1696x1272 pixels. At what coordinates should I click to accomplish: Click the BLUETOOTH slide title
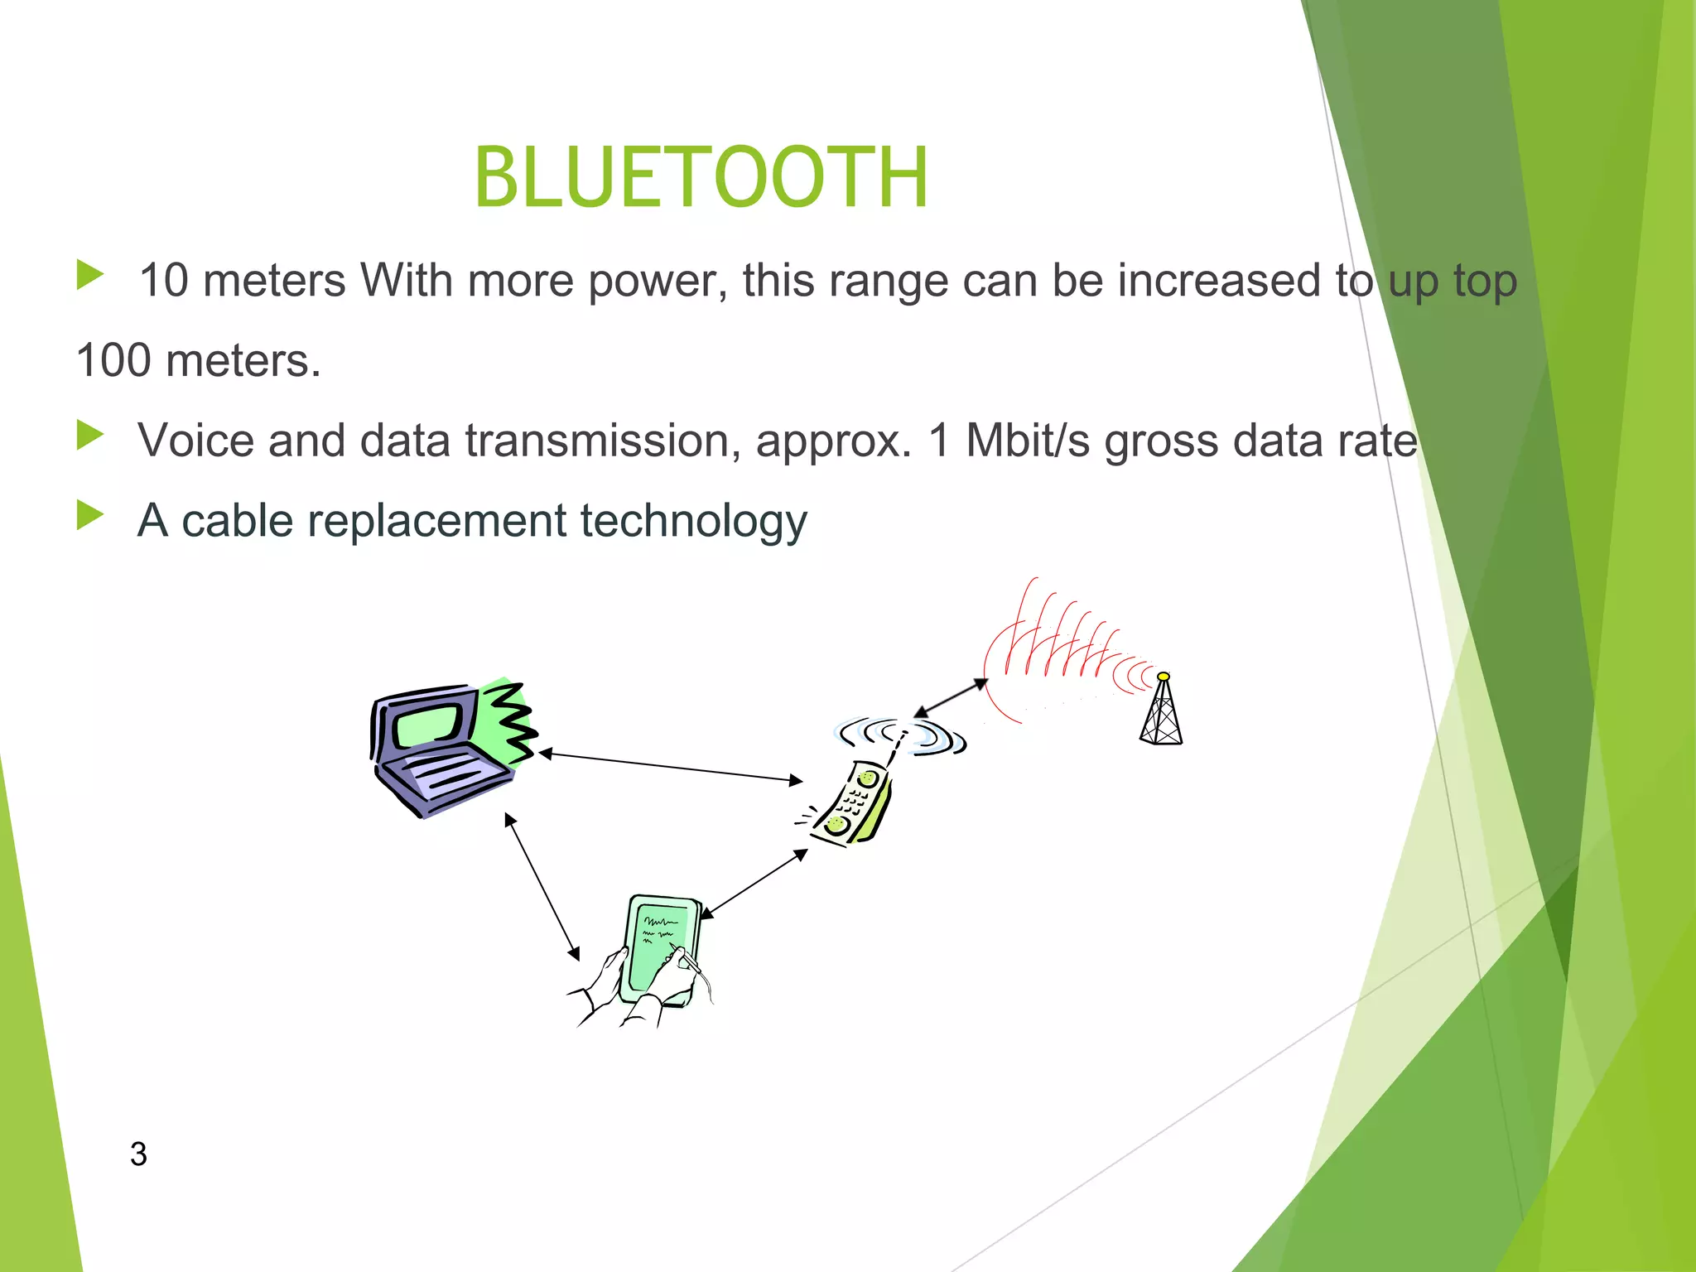pyautogui.click(x=701, y=177)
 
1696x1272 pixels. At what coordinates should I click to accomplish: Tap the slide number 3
pyautogui.click(x=138, y=1154)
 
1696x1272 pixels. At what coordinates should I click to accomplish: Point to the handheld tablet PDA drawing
pyautogui.click(x=658, y=952)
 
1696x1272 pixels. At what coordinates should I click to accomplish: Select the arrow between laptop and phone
pyautogui.click(x=671, y=767)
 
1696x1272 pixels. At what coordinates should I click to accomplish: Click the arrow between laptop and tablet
pyautogui.click(x=542, y=886)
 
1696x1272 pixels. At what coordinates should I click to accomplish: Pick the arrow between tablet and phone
pyautogui.click(x=754, y=884)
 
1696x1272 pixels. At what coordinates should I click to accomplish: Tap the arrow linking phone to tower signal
pyautogui.click(x=951, y=698)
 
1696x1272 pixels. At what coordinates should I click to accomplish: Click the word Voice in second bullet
pyautogui.click(x=195, y=440)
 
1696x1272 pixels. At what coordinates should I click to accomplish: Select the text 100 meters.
pyautogui.click(x=198, y=360)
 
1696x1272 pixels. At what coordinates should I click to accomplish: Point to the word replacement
pyautogui.click(x=436, y=521)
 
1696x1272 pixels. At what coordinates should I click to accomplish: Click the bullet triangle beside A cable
pyautogui.click(x=89, y=515)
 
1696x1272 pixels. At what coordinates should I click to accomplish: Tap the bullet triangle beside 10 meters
pyautogui.click(x=89, y=275)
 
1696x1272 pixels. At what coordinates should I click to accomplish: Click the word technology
pyautogui.click(x=693, y=523)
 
